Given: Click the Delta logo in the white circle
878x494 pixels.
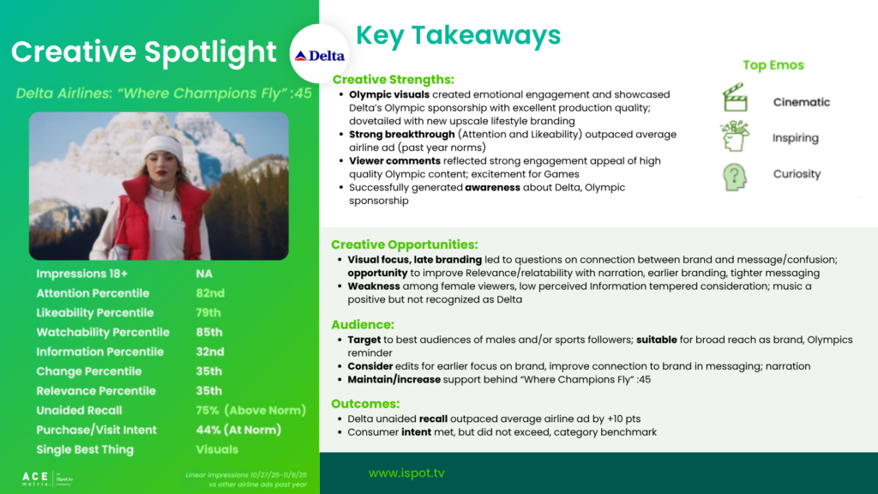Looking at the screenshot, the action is coord(320,56).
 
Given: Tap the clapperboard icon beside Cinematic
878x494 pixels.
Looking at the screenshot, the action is coord(735,98).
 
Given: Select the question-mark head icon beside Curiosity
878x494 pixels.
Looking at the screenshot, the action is coord(735,177).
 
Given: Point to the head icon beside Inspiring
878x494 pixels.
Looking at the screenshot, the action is coord(735,136).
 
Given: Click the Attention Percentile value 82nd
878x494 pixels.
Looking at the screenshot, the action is coord(210,293).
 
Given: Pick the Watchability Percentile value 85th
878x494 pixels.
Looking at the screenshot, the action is coord(209,332).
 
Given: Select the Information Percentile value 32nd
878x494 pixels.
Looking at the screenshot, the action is coord(210,352).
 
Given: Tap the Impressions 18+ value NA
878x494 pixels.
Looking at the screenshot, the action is coord(204,274).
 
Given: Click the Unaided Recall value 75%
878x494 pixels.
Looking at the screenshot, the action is coord(207,410).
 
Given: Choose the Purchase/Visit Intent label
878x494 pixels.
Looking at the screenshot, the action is coord(96,430).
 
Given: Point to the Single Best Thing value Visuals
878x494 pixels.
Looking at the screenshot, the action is coord(217,449).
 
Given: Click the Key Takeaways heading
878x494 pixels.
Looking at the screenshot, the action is coord(458,35).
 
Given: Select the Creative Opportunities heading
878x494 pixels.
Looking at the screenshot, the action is coord(405,244).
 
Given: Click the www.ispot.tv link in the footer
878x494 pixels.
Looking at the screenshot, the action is coord(406,473).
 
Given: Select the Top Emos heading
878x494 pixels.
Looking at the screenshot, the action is coord(773,65).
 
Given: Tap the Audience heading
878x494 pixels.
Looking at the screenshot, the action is coord(363,324).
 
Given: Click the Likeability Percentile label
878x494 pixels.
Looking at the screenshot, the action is coord(94,312).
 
